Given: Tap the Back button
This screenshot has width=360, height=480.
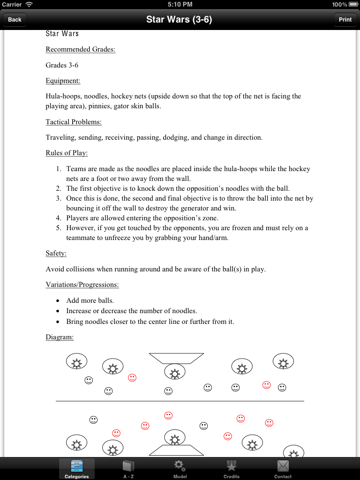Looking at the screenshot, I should click(15, 19).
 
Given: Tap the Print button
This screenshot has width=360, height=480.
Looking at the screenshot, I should click(345, 19).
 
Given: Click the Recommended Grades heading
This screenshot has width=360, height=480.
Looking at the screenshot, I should click(80, 49).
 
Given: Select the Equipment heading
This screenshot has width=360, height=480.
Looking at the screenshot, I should click(63, 81).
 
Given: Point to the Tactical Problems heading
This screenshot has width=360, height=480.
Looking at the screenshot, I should click(74, 122).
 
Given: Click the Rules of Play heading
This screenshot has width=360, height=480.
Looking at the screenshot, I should click(67, 153).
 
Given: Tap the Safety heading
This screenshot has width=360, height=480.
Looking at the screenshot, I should click(56, 253).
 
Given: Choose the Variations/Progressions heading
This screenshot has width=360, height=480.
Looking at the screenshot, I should click(82, 285).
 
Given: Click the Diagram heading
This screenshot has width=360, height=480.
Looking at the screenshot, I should click(60, 337).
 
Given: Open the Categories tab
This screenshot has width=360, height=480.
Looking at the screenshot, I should click(76, 469).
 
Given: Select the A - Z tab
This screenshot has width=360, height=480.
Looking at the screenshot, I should click(128, 469).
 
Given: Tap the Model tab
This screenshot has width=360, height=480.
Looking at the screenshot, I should click(180, 469).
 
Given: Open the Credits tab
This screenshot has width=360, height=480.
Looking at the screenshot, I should click(231, 469).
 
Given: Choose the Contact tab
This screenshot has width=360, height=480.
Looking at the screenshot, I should click(283, 469).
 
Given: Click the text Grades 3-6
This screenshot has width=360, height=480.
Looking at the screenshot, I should click(62, 65).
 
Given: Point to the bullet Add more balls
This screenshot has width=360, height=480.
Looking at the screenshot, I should click(90, 300).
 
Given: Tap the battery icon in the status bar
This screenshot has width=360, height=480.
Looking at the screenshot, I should click(353, 4).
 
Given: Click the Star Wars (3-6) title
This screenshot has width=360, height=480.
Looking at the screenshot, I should click(180, 19).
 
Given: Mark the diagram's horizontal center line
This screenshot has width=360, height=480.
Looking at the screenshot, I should click(180, 401).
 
